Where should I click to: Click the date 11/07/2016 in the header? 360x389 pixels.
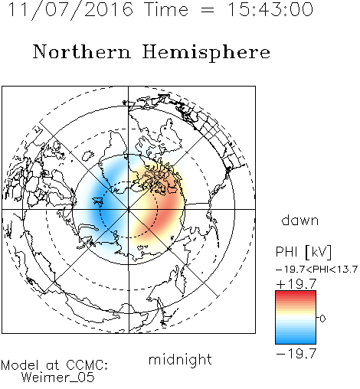pos(70,10)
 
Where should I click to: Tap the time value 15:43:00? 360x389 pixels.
pos(270,9)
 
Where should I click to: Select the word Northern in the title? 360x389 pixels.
pos(82,51)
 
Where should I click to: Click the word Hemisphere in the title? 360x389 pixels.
pos(206,53)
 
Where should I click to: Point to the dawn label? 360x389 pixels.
pos(300,220)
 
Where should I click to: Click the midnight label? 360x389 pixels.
pos(180,360)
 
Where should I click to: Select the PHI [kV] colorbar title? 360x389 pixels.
pos(303,252)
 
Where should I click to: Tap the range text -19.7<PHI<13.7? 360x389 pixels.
pos(316,270)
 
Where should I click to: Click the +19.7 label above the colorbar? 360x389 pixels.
pos(296,284)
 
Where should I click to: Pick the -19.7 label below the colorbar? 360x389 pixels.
pos(296,354)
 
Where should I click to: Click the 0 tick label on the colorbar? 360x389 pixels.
pos(322,319)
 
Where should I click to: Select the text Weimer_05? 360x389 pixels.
pos(58,378)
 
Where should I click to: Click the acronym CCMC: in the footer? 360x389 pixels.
pos(87,364)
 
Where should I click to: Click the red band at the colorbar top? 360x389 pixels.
pos(296,294)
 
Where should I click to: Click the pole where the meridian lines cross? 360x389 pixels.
pos(129,210)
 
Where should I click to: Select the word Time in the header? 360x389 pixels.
pos(166,10)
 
